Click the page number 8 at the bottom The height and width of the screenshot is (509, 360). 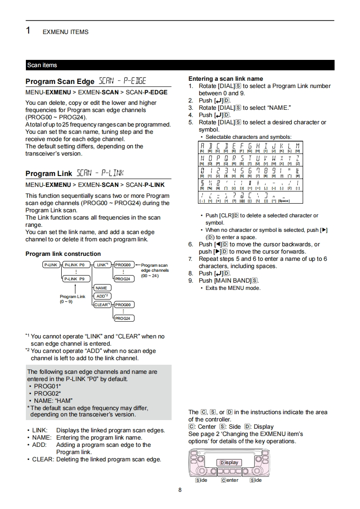(x=180, y=490)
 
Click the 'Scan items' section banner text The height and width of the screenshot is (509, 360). (x=42, y=65)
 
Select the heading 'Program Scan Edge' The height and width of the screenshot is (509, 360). (x=60, y=82)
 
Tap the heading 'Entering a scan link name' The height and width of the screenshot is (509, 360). (x=226, y=78)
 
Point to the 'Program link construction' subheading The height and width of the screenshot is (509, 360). (x=63, y=254)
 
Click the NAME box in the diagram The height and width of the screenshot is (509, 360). (x=101, y=288)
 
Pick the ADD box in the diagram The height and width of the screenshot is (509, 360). (x=101, y=296)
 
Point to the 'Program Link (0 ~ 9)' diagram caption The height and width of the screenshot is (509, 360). (x=72, y=299)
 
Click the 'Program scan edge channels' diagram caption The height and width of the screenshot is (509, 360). (x=154, y=270)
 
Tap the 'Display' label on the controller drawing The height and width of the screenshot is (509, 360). (x=229, y=462)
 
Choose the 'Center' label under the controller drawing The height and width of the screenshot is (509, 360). (x=230, y=480)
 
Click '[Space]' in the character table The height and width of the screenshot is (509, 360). (x=284, y=201)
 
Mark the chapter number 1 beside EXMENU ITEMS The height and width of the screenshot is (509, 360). (x=28, y=31)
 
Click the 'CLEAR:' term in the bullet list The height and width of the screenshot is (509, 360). (x=43, y=459)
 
